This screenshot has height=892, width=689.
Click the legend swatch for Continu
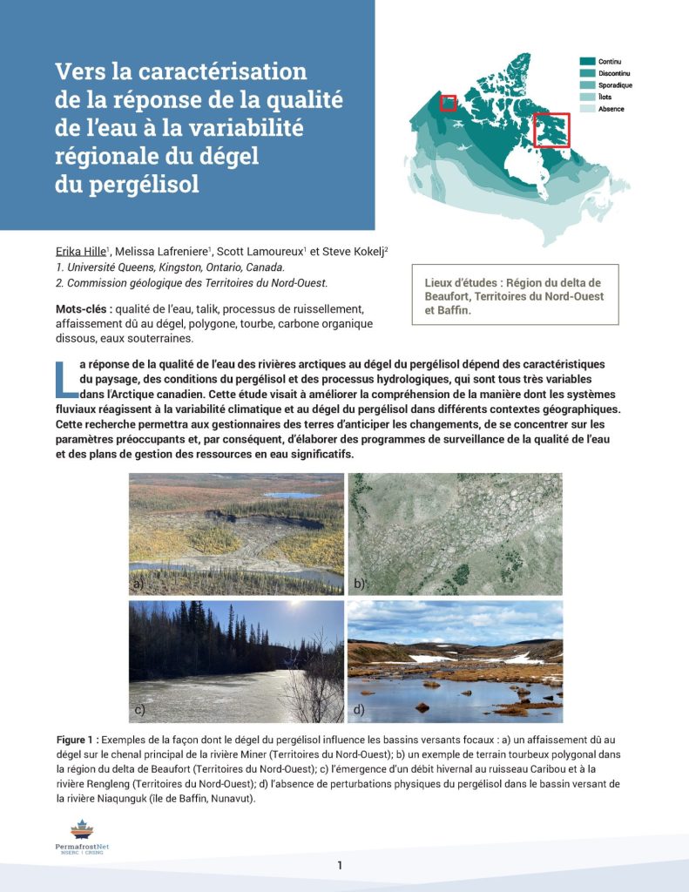(588, 61)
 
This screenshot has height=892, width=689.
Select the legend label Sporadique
(615, 85)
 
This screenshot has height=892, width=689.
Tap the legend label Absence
(611, 109)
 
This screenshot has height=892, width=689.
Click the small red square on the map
(449, 103)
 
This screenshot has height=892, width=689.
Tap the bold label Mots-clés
(84, 309)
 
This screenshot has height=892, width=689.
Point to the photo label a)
(138, 583)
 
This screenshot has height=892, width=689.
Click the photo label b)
(359, 583)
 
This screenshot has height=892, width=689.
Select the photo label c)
(138, 710)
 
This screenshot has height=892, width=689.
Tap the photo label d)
(359, 710)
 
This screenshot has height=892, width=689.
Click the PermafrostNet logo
(81, 837)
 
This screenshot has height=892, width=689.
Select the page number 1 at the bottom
(340, 865)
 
